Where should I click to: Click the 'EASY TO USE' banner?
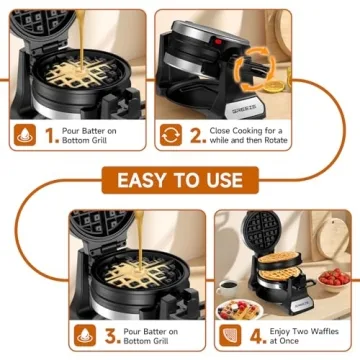click(179, 180)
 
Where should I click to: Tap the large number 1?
click(52, 135)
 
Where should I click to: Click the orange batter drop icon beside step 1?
click(24, 135)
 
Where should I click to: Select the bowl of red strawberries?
click(335, 276)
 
